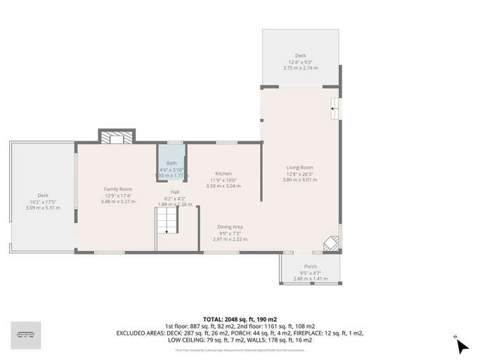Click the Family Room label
coord(118,189)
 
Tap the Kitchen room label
coord(223,174)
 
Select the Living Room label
coord(300,167)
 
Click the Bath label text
coord(171,163)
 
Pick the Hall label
coord(176,192)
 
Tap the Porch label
coord(310,266)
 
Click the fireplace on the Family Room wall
coord(115,138)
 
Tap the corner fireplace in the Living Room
coord(330,243)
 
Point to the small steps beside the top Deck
coord(336,106)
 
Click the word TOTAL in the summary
coord(215,319)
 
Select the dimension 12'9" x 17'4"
coord(118,195)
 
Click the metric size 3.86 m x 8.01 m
coord(300,180)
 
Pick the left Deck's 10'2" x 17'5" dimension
coord(43,202)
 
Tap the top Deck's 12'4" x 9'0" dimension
coord(300,62)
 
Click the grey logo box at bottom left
coord(26,335)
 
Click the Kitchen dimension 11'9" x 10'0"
coord(223,180)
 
